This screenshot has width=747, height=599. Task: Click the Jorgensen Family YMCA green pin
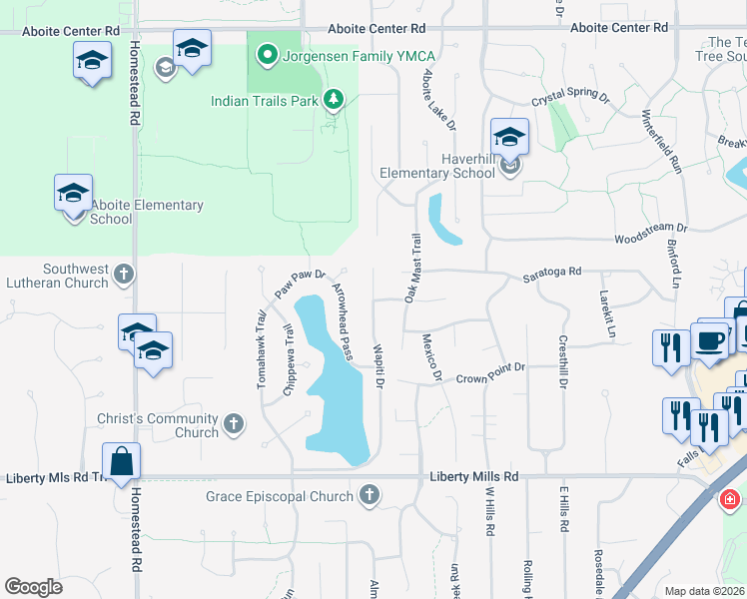tap(267, 54)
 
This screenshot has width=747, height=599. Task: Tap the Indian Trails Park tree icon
tap(334, 100)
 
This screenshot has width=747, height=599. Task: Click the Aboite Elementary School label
tap(147, 212)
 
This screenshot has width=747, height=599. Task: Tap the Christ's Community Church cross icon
tap(233, 425)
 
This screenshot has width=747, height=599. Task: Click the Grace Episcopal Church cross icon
tap(370, 495)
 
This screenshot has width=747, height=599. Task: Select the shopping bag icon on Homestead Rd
tap(121, 463)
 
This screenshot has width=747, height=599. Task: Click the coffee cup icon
tap(709, 340)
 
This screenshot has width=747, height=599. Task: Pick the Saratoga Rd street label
tap(552, 273)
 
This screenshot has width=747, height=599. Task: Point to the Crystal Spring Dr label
tap(569, 99)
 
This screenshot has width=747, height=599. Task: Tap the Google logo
tap(33, 587)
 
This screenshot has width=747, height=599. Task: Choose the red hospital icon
tap(732, 496)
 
